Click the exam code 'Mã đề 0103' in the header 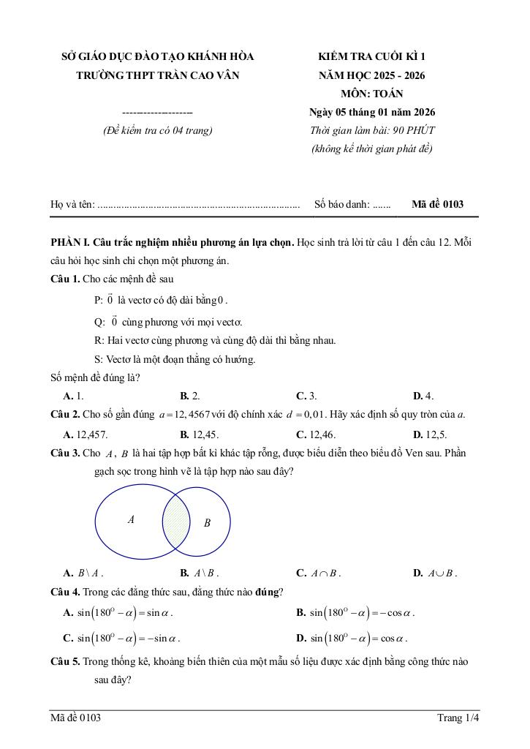pyautogui.click(x=437, y=205)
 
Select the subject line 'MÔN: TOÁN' pyautogui.click(x=371, y=94)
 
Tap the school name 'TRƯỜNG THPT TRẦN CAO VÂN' pyautogui.click(x=158, y=75)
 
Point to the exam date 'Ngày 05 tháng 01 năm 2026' pyautogui.click(x=372, y=113)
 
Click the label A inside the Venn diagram pyautogui.click(x=131, y=520)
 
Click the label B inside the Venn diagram pyautogui.click(x=207, y=523)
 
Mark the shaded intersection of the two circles pyautogui.click(x=175, y=520)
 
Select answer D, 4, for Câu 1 pyautogui.click(x=423, y=396)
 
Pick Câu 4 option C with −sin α pyautogui.click(x=122, y=637)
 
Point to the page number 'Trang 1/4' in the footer pyautogui.click(x=458, y=718)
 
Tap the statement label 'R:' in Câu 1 pyautogui.click(x=99, y=340)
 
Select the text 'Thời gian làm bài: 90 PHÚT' pyautogui.click(x=372, y=131)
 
